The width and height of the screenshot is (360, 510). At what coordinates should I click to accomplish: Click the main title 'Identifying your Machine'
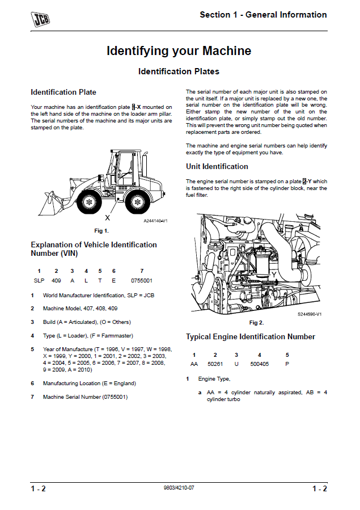click(x=179, y=51)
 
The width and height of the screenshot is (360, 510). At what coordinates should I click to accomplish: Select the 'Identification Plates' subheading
click(x=179, y=71)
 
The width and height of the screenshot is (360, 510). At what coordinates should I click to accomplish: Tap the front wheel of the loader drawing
click(x=88, y=201)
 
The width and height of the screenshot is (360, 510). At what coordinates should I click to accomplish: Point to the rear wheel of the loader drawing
click(x=135, y=201)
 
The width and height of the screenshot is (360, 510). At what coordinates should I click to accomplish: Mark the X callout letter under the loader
click(x=107, y=217)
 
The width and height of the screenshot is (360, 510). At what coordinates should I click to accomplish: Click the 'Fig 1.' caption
click(x=101, y=230)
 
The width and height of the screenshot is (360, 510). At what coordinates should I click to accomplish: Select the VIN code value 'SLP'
click(x=39, y=281)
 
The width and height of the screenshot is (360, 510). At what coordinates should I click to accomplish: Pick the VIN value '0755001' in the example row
click(x=142, y=281)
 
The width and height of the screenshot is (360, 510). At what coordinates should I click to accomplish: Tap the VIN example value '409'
click(x=56, y=281)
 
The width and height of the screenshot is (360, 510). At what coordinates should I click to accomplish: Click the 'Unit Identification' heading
click(x=217, y=166)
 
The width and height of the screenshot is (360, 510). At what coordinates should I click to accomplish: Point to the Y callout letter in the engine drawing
click(x=274, y=275)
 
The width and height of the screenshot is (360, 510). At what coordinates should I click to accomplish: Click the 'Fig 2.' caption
click(x=257, y=322)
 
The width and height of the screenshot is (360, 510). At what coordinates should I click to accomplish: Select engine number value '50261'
click(x=215, y=364)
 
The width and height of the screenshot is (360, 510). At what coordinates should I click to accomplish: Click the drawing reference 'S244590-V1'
click(x=310, y=314)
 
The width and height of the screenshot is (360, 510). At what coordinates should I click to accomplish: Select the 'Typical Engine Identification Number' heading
click(x=251, y=336)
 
